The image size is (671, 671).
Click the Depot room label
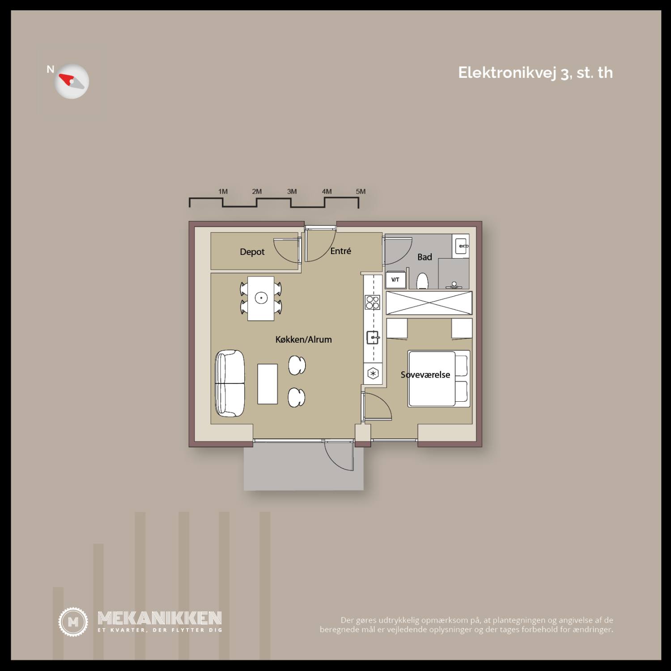(252, 252)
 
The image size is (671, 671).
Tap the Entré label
(341, 251)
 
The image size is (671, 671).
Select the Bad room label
(425, 257)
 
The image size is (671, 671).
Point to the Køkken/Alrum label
(304, 340)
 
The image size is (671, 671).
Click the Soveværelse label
(425, 375)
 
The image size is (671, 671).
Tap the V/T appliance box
(395, 280)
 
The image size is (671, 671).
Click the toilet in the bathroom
(423, 281)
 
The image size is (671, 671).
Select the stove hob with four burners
(373, 302)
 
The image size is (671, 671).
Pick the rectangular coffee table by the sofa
(268, 384)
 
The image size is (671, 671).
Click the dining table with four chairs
(261, 298)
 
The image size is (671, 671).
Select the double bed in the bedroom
(439, 379)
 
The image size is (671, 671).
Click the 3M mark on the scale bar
(292, 191)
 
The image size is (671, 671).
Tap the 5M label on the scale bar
(361, 191)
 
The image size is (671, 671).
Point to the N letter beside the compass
(51, 69)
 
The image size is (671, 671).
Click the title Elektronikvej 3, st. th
(535, 73)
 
